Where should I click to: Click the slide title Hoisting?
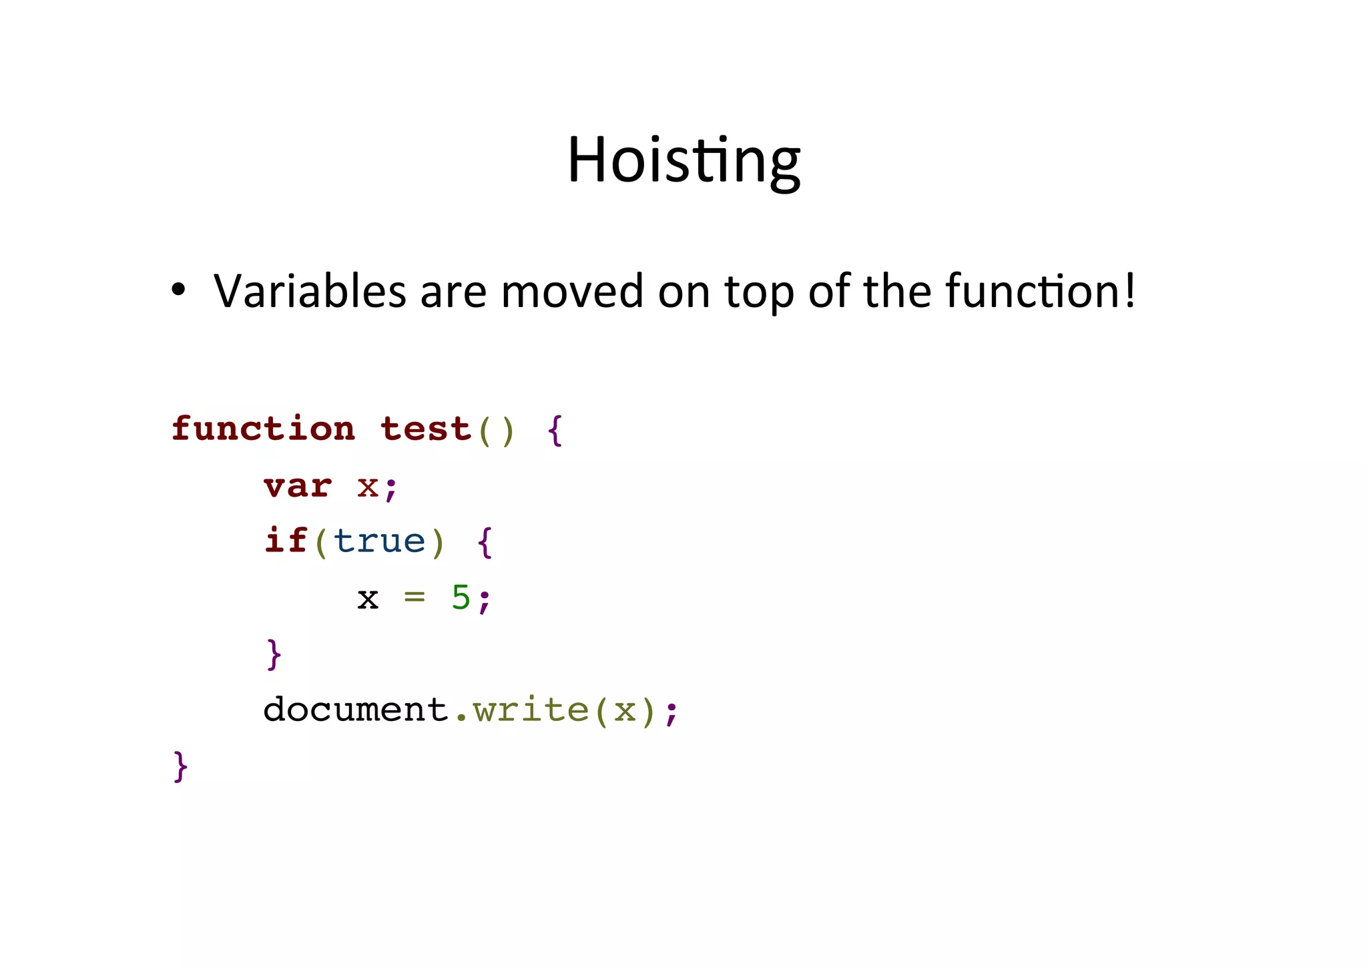(x=683, y=161)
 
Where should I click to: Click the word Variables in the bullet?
(x=310, y=291)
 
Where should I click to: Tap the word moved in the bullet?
(x=571, y=291)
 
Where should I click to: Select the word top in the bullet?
(x=759, y=292)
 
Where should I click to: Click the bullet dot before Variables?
(x=178, y=290)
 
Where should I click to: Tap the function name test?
(x=426, y=429)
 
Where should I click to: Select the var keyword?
(x=298, y=486)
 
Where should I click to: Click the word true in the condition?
(x=379, y=541)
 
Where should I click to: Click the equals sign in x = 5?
(x=415, y=597)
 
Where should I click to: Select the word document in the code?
(x=356, y=709)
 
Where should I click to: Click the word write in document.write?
(x=531, y=709)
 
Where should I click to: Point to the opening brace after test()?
(x=555, y=431)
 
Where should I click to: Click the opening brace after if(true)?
(x=485, y=542)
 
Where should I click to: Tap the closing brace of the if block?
(x=274, y=654)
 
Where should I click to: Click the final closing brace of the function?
(x=181, y=766)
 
